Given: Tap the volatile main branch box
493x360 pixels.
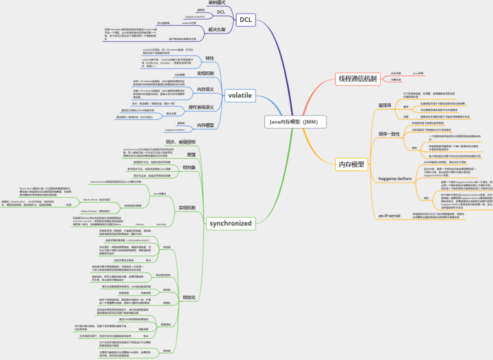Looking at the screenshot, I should (x=240, y=95).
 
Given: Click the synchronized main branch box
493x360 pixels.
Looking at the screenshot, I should (x=231, y=223).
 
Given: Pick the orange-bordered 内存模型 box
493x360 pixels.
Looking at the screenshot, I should (x=352, y=164).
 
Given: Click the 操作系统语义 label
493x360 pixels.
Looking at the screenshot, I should (x=201, y=107).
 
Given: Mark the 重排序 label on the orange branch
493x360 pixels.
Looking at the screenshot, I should (x=384, y=105).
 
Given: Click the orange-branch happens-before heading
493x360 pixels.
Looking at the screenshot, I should (x=395, y=178).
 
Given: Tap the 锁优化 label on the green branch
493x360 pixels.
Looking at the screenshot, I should (x=189, y=297).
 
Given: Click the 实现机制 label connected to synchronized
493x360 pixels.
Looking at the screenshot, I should (x=187, y=207).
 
